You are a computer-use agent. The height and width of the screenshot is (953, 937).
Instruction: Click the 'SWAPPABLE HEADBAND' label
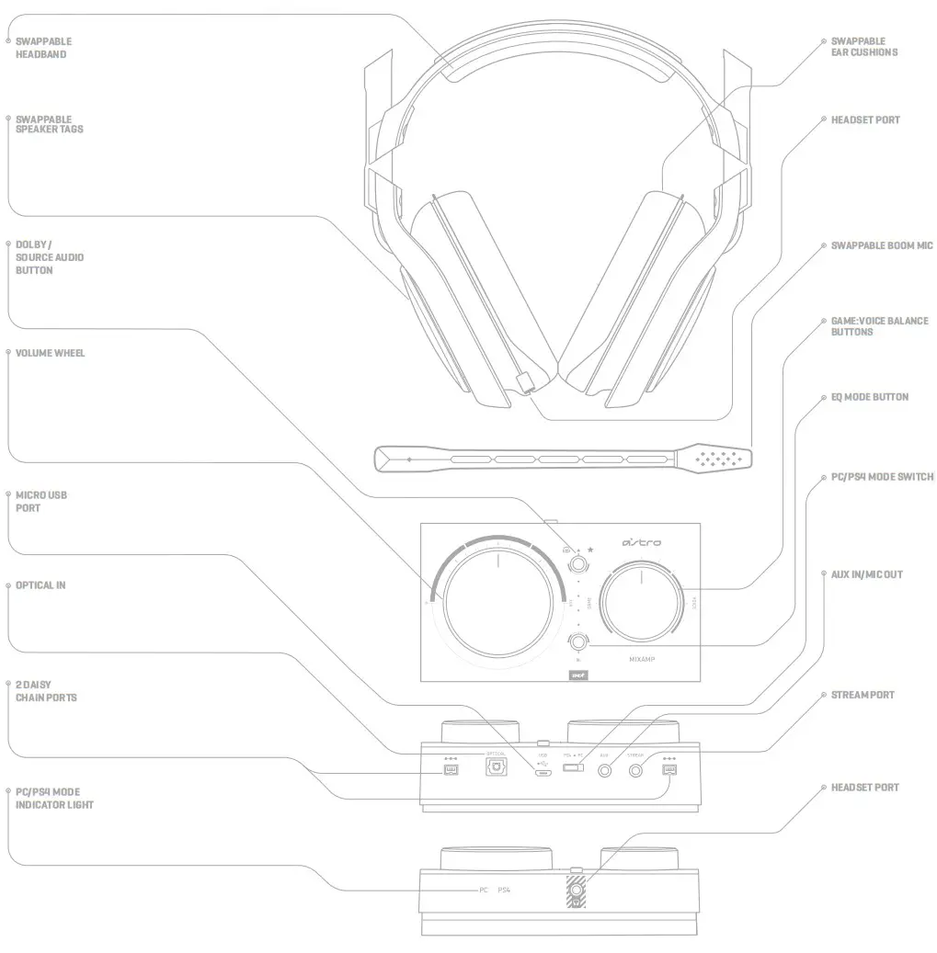(43, 48)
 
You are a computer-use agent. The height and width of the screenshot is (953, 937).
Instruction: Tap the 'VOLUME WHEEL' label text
(50, 353)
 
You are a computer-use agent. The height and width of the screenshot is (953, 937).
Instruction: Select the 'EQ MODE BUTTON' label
(869, 397)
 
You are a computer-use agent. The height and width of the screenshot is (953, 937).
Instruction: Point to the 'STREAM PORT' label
(862, 695)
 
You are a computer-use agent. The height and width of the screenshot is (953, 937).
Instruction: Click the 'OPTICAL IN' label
(40, 585)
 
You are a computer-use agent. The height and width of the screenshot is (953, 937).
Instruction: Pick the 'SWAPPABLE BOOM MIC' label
(881, 246)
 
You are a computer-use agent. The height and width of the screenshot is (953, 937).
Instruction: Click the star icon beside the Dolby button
(590, 549)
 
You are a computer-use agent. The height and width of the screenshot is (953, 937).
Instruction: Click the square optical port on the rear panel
(495, 769)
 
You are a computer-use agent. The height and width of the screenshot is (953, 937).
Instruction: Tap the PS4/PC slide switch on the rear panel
(574, 767)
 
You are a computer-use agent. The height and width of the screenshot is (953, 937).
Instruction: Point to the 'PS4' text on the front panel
(503, 891)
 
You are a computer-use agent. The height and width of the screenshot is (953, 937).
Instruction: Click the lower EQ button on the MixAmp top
(578, 642)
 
